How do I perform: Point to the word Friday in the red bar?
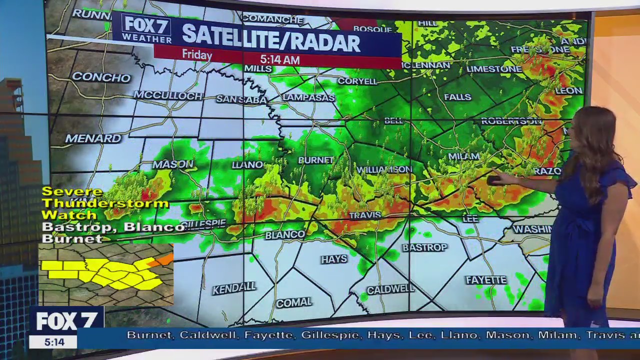pyautogui.click(x=197, y=54)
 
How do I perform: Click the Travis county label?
pyautogui.click(x=365, y=215)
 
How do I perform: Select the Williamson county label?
pyautogui.click(x=384, y=169)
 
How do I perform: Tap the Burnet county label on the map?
pyautogui.click(x=315, y=160)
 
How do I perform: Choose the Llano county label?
pyautogui.click(x=247, y=164)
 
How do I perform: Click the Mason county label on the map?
pyautogui.click(x=173, y=164)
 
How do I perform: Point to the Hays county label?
pyautogui.click(x=334, y=259)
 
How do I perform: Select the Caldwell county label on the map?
pyautogui.click(x=390, y=289)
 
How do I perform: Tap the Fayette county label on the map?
pyautogui.click(x=486, y=280)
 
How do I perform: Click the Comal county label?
pyautogui.click(x=294, y=302)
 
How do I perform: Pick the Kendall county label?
pyautogui.click(x=234, y=288)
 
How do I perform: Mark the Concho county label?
pyautogui.click(x=101, y=77)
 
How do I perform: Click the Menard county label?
pyautogui.click(x=93, y=138)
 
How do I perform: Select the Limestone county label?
pyautogui.click(x=493, y=69)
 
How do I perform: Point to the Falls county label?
pyautogui.click(x=457, y=97)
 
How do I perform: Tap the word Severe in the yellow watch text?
pyautogui.click(x=72, y=191)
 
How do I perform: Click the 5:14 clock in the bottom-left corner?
pyautogui.click(x=54, y=342)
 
